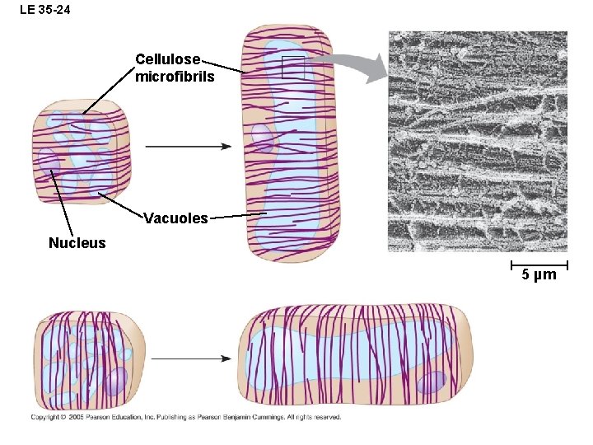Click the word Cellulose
pyautogui.click(x=167, y=59)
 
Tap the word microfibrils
pyautogui.click(x=175, y=77)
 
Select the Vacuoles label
pyautogui.click(x=175, y=218)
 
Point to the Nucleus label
pyautogui.click(x=77, y=243)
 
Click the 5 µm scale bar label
pyautogui.click(x=539, y=274)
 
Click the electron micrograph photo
pyautogui.click(x=478, y=140)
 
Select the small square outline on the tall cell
pyautogui.click(x=292, y=68)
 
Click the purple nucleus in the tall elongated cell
pyautogui.click(x=263, y=138)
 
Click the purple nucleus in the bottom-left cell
pyautogui.click(x=114, y=381)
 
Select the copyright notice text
pyautogui.click(x=185, y=417)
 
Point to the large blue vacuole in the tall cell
pyautogui.click(x=292, y=157)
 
